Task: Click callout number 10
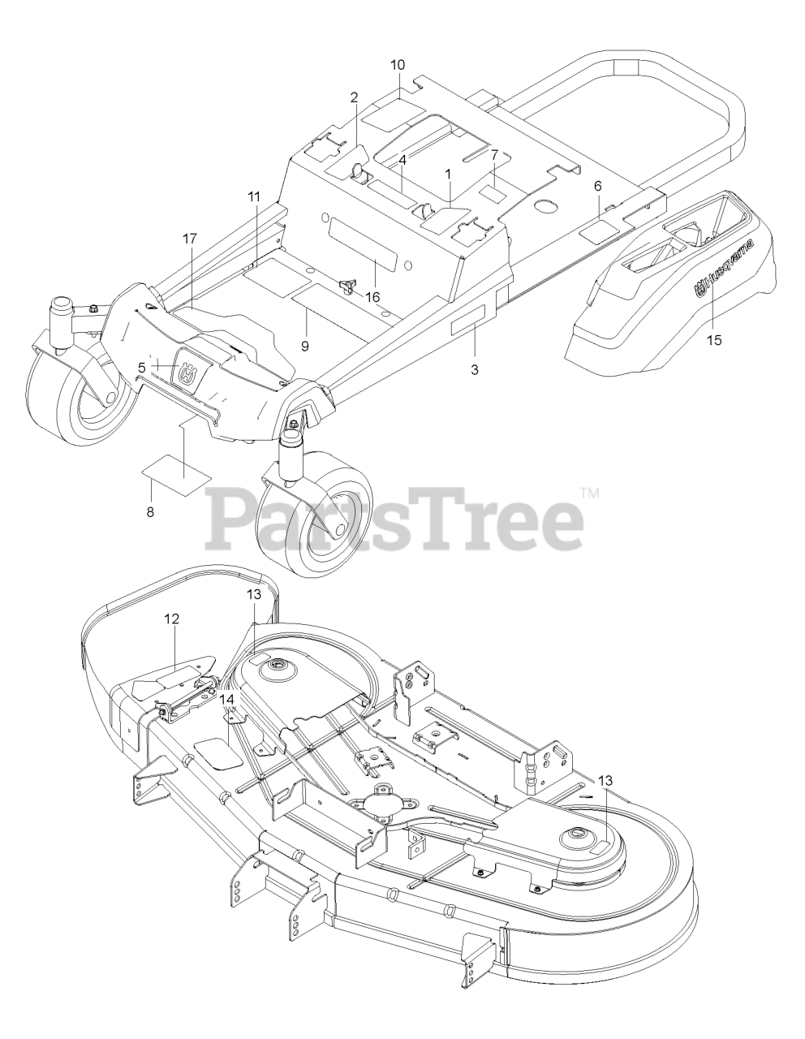point(398,65)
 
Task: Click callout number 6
point(598,186)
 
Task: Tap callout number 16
point(372,297)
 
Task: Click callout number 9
point(305,322)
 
